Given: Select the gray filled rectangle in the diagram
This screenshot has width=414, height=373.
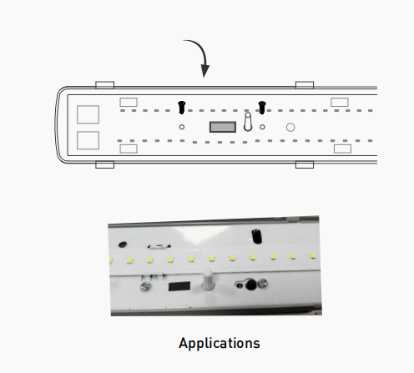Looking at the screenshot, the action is click(x=223, y=127).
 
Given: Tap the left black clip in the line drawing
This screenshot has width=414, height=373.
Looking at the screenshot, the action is click(x=182, y=108).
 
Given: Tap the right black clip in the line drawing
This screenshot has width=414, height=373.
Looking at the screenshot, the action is click(x=262, y=108).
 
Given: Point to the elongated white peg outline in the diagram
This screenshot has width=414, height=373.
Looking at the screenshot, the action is click(x=248, y=122).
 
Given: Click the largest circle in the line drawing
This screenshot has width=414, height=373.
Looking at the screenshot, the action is click(x=290, y=128).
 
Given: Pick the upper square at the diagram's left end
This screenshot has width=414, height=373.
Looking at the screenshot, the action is click(x=88, y=114).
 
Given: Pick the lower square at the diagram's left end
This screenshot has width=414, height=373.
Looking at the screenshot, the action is click(x=88, y=140).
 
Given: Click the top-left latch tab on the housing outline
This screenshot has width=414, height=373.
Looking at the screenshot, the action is click(x=105, y=85).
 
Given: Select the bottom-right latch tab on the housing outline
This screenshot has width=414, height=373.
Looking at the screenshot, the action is click(x=305, y=164).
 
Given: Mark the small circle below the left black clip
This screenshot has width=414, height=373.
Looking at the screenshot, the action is click(x=182, y=127).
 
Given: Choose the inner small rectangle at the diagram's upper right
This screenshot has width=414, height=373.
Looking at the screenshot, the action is click(x=340, y=102).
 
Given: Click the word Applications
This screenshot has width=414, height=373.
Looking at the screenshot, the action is click(x=220, y=343).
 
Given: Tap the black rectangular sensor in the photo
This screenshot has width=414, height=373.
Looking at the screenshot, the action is click(x=179, y=286).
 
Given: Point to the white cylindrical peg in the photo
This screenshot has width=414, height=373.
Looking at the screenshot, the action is click(x=208, y=280).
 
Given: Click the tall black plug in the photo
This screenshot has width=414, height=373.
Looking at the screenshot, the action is click(x=256, y=237).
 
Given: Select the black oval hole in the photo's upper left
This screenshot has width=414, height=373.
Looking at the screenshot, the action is click(x=123, y=244).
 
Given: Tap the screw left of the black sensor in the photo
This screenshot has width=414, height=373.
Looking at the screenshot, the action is click(x=145, y=286).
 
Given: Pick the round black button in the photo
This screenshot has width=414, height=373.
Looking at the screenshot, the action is click(x=250, y=285).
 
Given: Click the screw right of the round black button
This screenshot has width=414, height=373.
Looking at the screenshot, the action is click(x=263, y=284).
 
